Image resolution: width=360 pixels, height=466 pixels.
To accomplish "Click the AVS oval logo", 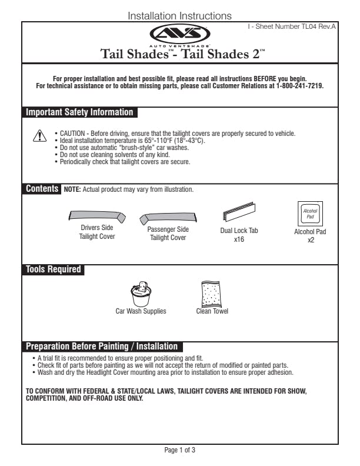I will (x=179, y=34).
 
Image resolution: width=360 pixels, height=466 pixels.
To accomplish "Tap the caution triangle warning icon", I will (x=38, y=136).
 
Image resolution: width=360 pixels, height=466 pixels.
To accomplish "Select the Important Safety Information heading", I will (x=80, y=112).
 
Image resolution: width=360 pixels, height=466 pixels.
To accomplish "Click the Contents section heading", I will (x=42, y=189).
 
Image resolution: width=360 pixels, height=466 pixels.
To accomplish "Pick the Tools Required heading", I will (x=53, y=269).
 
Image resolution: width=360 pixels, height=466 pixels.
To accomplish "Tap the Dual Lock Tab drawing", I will (x=238, y=211).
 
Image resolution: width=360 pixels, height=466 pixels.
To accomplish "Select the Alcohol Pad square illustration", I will (x=309, y=213).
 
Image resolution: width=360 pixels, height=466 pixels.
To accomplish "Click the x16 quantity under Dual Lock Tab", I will (x=239, y=239).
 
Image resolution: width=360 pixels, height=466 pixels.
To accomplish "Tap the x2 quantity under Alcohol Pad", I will (x=310, y=240).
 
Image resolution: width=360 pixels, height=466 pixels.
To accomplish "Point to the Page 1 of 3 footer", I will (x=179, y=450).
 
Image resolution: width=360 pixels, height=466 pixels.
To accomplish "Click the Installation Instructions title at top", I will (x=179, y=16).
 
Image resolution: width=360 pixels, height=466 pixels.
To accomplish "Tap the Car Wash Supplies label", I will (x=141, y=311).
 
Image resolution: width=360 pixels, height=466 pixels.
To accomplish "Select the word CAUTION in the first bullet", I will (x=73, y=134).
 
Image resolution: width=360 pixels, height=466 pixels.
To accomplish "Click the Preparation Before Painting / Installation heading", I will (x=102, y=347).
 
